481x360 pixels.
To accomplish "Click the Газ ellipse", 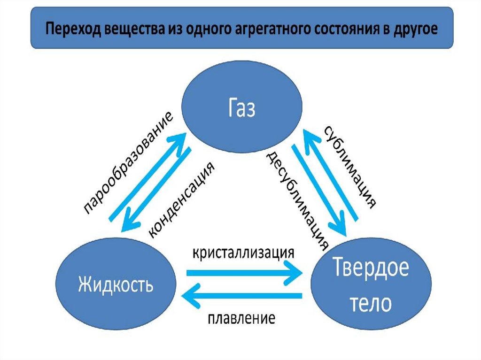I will pos(242,109).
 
